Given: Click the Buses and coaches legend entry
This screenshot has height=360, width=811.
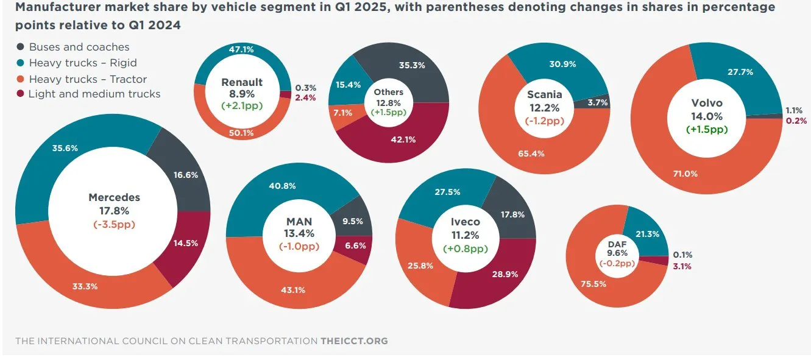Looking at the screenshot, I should [x=79, y=47].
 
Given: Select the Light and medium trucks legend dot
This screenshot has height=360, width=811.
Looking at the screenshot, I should [x=20, y=94].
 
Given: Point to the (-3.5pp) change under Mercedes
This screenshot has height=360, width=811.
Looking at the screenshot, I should [x=114, y=224].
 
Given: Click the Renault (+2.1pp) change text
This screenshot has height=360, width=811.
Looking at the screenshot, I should [x=242, y=105].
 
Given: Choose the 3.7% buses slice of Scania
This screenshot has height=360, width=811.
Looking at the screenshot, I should [x=597, y=103].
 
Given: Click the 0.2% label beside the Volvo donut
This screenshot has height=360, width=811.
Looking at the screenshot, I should [x=796, y=121].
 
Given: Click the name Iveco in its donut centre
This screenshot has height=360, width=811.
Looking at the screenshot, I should [x=466, y=222].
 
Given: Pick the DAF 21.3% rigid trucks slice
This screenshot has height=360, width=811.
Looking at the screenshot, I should [x=648, y=235].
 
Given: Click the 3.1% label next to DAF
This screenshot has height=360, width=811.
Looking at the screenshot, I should [x=682, y=266].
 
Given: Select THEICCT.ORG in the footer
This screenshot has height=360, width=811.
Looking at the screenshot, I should [x=354, y=341].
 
